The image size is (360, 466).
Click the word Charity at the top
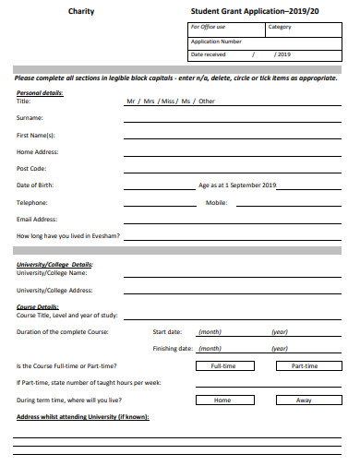click(79, 11)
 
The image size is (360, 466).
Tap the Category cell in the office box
click(280, 27)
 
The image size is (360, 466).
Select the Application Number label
click(216, 42)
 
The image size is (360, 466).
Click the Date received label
click(208, 54)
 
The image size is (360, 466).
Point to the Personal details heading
click(40, 93)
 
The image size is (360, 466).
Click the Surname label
click(30, 118)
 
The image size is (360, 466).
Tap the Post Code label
click(31, 169)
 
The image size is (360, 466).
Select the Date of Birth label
click(36, 185)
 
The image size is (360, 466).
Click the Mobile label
click(216, 202)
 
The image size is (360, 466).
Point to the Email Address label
click(37, 219)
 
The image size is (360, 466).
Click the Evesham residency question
click(67, 236)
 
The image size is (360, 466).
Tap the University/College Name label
click(52, 273)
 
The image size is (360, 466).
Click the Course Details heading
click(38, 306)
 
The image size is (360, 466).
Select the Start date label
click(167, 331)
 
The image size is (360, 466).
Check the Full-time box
click(223, 365)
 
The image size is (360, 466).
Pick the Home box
click(222, 400)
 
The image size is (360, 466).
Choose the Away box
click(304, 400)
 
